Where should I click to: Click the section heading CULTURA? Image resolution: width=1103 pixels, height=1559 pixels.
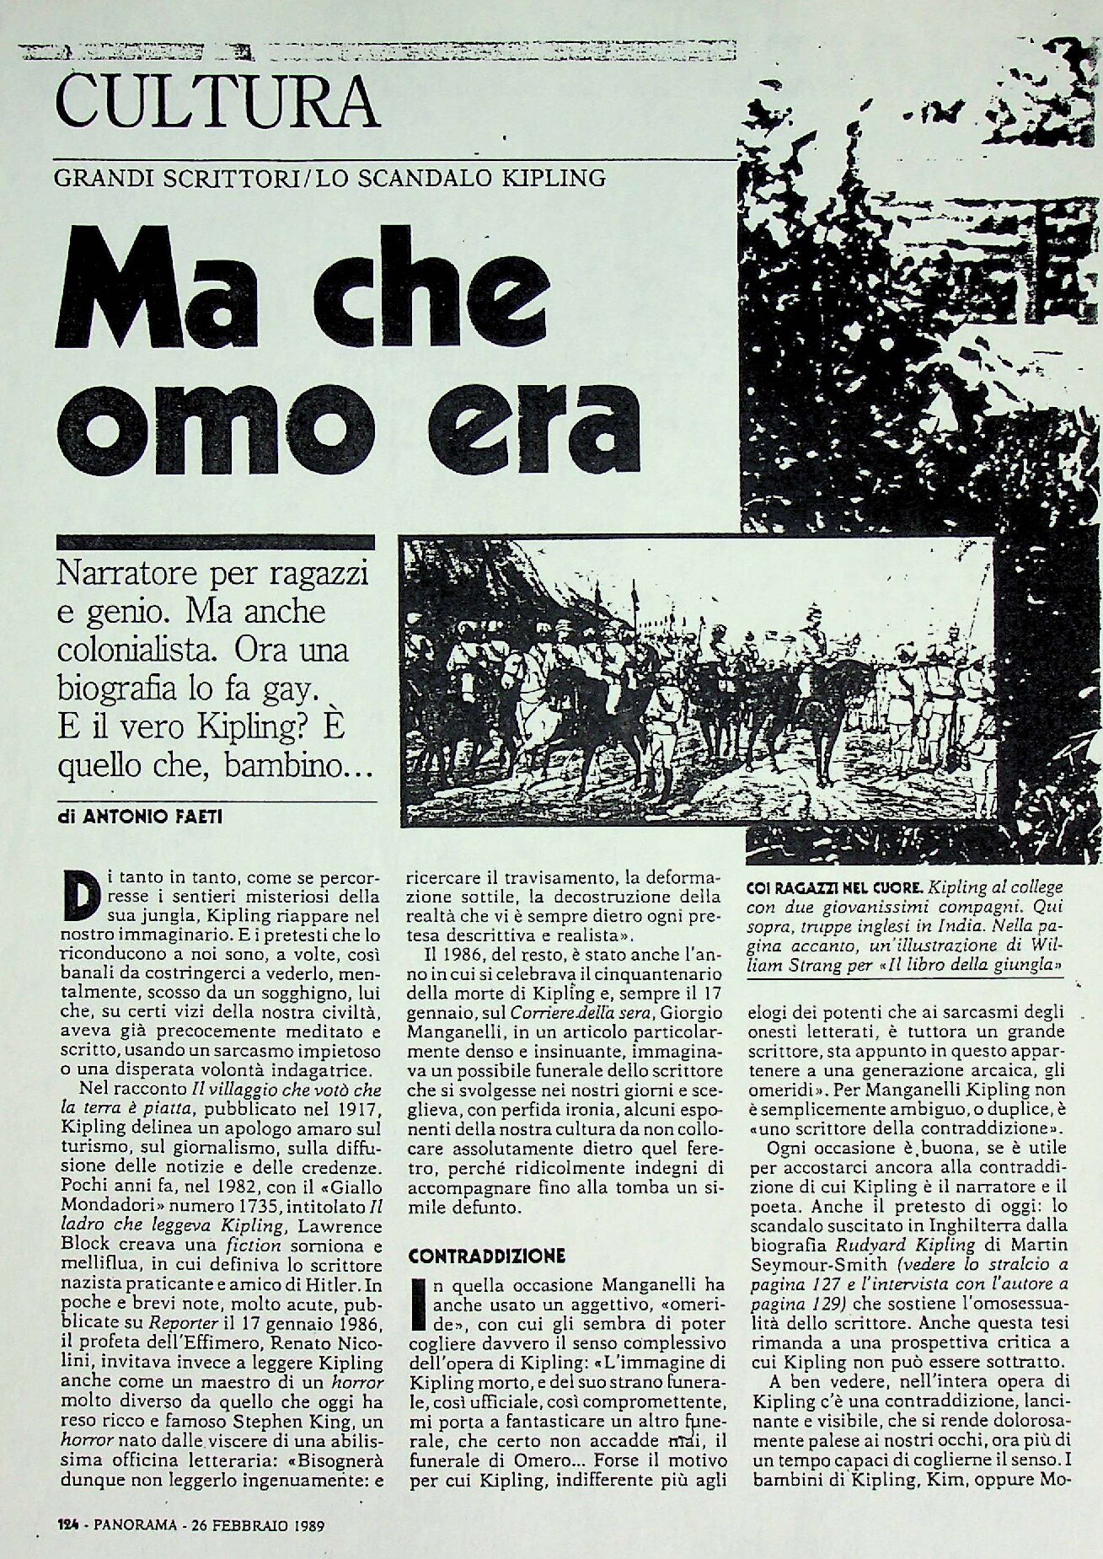pyautogui.click(x=215, y=103)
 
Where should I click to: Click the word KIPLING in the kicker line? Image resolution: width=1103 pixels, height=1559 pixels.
pyautogui.click(x=560, y=179)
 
